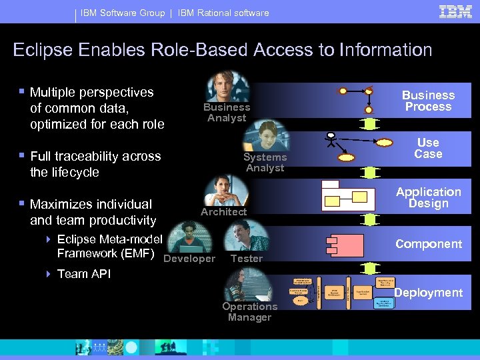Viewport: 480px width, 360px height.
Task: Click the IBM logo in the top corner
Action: (456, 11)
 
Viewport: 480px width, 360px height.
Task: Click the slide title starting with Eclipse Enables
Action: (223, 50)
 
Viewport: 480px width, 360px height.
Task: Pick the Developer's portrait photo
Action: (189, 238)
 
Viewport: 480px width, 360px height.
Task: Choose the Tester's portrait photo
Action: (247, 237)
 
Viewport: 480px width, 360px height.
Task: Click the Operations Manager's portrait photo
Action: (249, 285)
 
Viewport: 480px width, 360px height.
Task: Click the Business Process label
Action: (428, 101)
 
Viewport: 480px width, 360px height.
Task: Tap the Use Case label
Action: (428, 148)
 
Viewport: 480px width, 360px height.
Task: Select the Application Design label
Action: (428, 197)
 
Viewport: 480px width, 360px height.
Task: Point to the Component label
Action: (428, 244)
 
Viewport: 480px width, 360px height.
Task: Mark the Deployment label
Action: (428, 293)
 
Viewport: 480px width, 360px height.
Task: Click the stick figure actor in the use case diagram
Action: (328, 141)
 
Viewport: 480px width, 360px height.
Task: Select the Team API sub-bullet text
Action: (84, 274)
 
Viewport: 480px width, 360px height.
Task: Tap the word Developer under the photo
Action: (189, 259)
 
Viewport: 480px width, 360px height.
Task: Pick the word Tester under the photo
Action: (247, 259)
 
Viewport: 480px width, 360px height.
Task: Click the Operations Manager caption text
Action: (249, 312)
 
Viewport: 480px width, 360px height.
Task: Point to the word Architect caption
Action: (224, 212)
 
